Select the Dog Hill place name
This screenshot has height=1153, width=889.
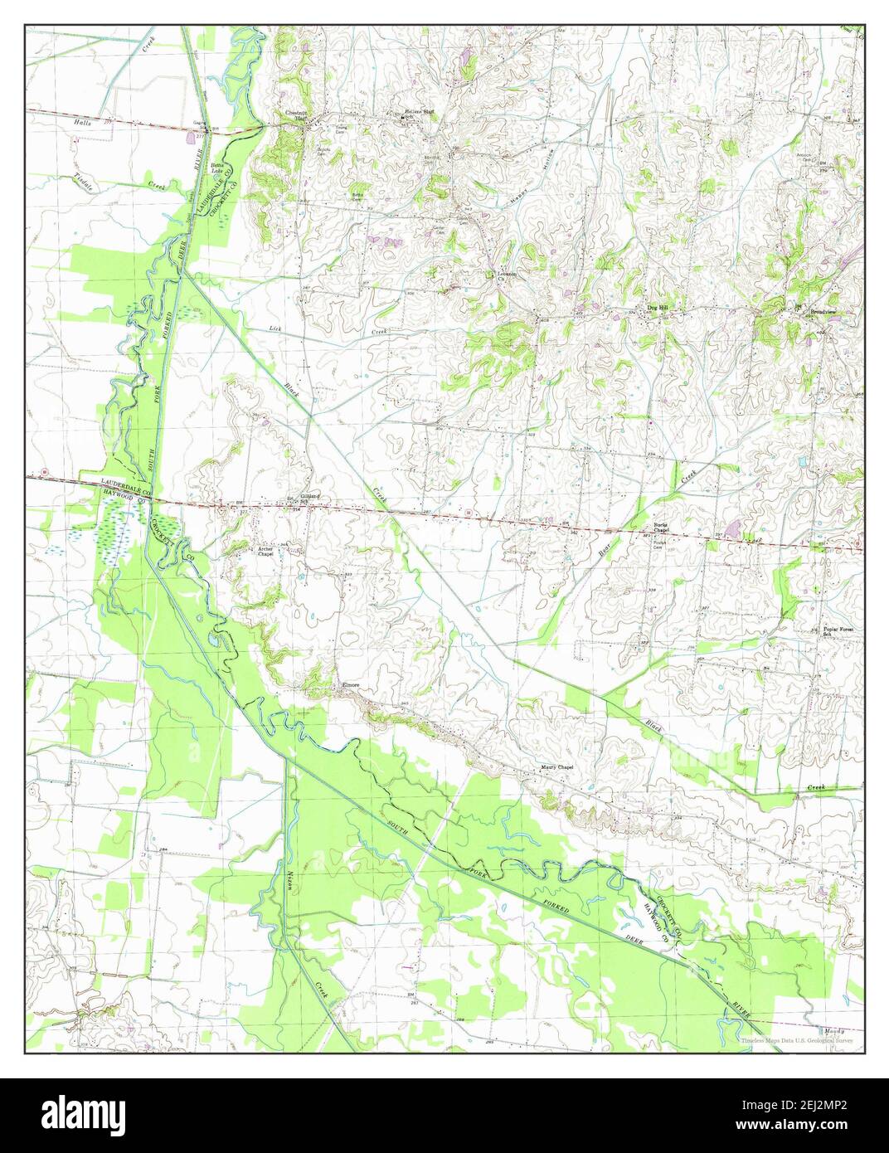click(x=657, y=309)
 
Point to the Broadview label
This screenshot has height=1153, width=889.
click(x=823, y=312)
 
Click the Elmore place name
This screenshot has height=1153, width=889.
click(x=350, y=685)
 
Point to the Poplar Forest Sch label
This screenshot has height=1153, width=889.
click(x=838, y=631)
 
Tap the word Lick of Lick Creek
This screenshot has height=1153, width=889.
click(x=276, y=328)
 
